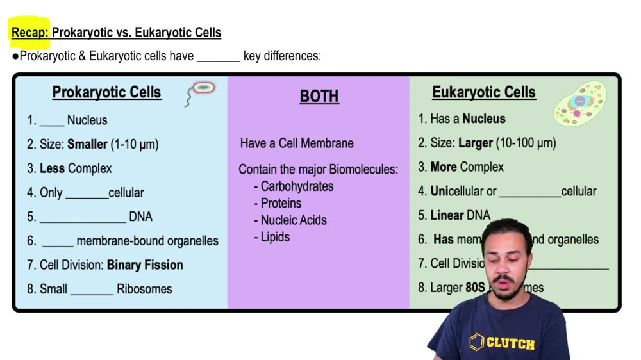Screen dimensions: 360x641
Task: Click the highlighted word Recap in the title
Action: coord(29,33)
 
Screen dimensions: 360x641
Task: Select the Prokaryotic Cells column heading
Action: coord(106,92)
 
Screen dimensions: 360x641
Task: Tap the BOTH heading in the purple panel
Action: coord(319,96)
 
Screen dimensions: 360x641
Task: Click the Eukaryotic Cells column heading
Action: coord(483,92)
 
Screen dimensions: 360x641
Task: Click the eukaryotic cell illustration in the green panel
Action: coord(580,103)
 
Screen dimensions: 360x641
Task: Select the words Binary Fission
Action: coord(145,265)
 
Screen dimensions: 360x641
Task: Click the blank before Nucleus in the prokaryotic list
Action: coord(52,122)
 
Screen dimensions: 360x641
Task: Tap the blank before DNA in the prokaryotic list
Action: coord(83,218)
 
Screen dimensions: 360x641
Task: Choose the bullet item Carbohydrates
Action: coord(297,186)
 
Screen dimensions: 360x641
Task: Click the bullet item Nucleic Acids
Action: coord(294,220)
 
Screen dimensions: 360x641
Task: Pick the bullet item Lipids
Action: coord(275,237)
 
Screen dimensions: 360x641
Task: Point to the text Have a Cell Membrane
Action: coord(297,143)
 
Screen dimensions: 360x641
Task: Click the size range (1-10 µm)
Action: coord(135,144)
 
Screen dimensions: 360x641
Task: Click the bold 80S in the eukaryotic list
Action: coord(475,288)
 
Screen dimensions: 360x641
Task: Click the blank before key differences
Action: coord(218,57)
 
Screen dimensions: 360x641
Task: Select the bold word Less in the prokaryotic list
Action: coord(52,168)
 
